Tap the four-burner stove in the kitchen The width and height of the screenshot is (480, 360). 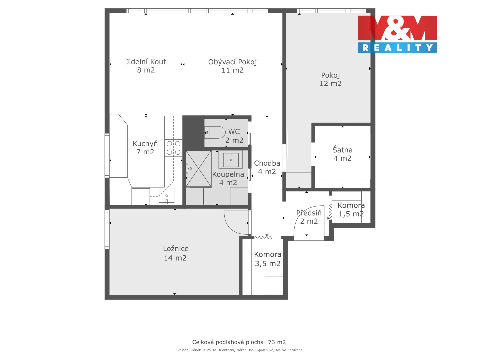click(x=173, y=148)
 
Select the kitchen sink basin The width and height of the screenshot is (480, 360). click(x=167, y=196)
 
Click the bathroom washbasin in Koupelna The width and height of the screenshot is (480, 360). click(x=231, y=160)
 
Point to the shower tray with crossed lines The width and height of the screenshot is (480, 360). click(x=199, y=169)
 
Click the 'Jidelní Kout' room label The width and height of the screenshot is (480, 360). click(x=146, y=62)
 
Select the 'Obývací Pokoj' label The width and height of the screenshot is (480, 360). click(x=232, y=62)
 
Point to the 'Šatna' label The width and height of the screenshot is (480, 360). click(x=342, y=150)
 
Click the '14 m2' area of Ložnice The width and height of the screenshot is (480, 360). click(x=175, y=258)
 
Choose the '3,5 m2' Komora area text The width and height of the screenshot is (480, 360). click(x=268, y=264)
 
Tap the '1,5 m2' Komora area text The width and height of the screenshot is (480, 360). click(x=351, y=214)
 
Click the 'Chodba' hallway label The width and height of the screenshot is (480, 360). click(x=267, y=163)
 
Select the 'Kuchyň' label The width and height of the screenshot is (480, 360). click(x=145, y=144)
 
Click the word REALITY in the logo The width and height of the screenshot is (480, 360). click(x=398, y=48)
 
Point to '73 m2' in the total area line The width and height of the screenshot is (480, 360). click(x=277, y=342)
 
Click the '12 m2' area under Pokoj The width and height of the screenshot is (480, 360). click(x=330, y=83)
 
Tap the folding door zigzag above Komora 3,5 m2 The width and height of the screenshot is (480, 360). click(x=263, y=237)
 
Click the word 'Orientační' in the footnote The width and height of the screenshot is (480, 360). click(x=226, y=350)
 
